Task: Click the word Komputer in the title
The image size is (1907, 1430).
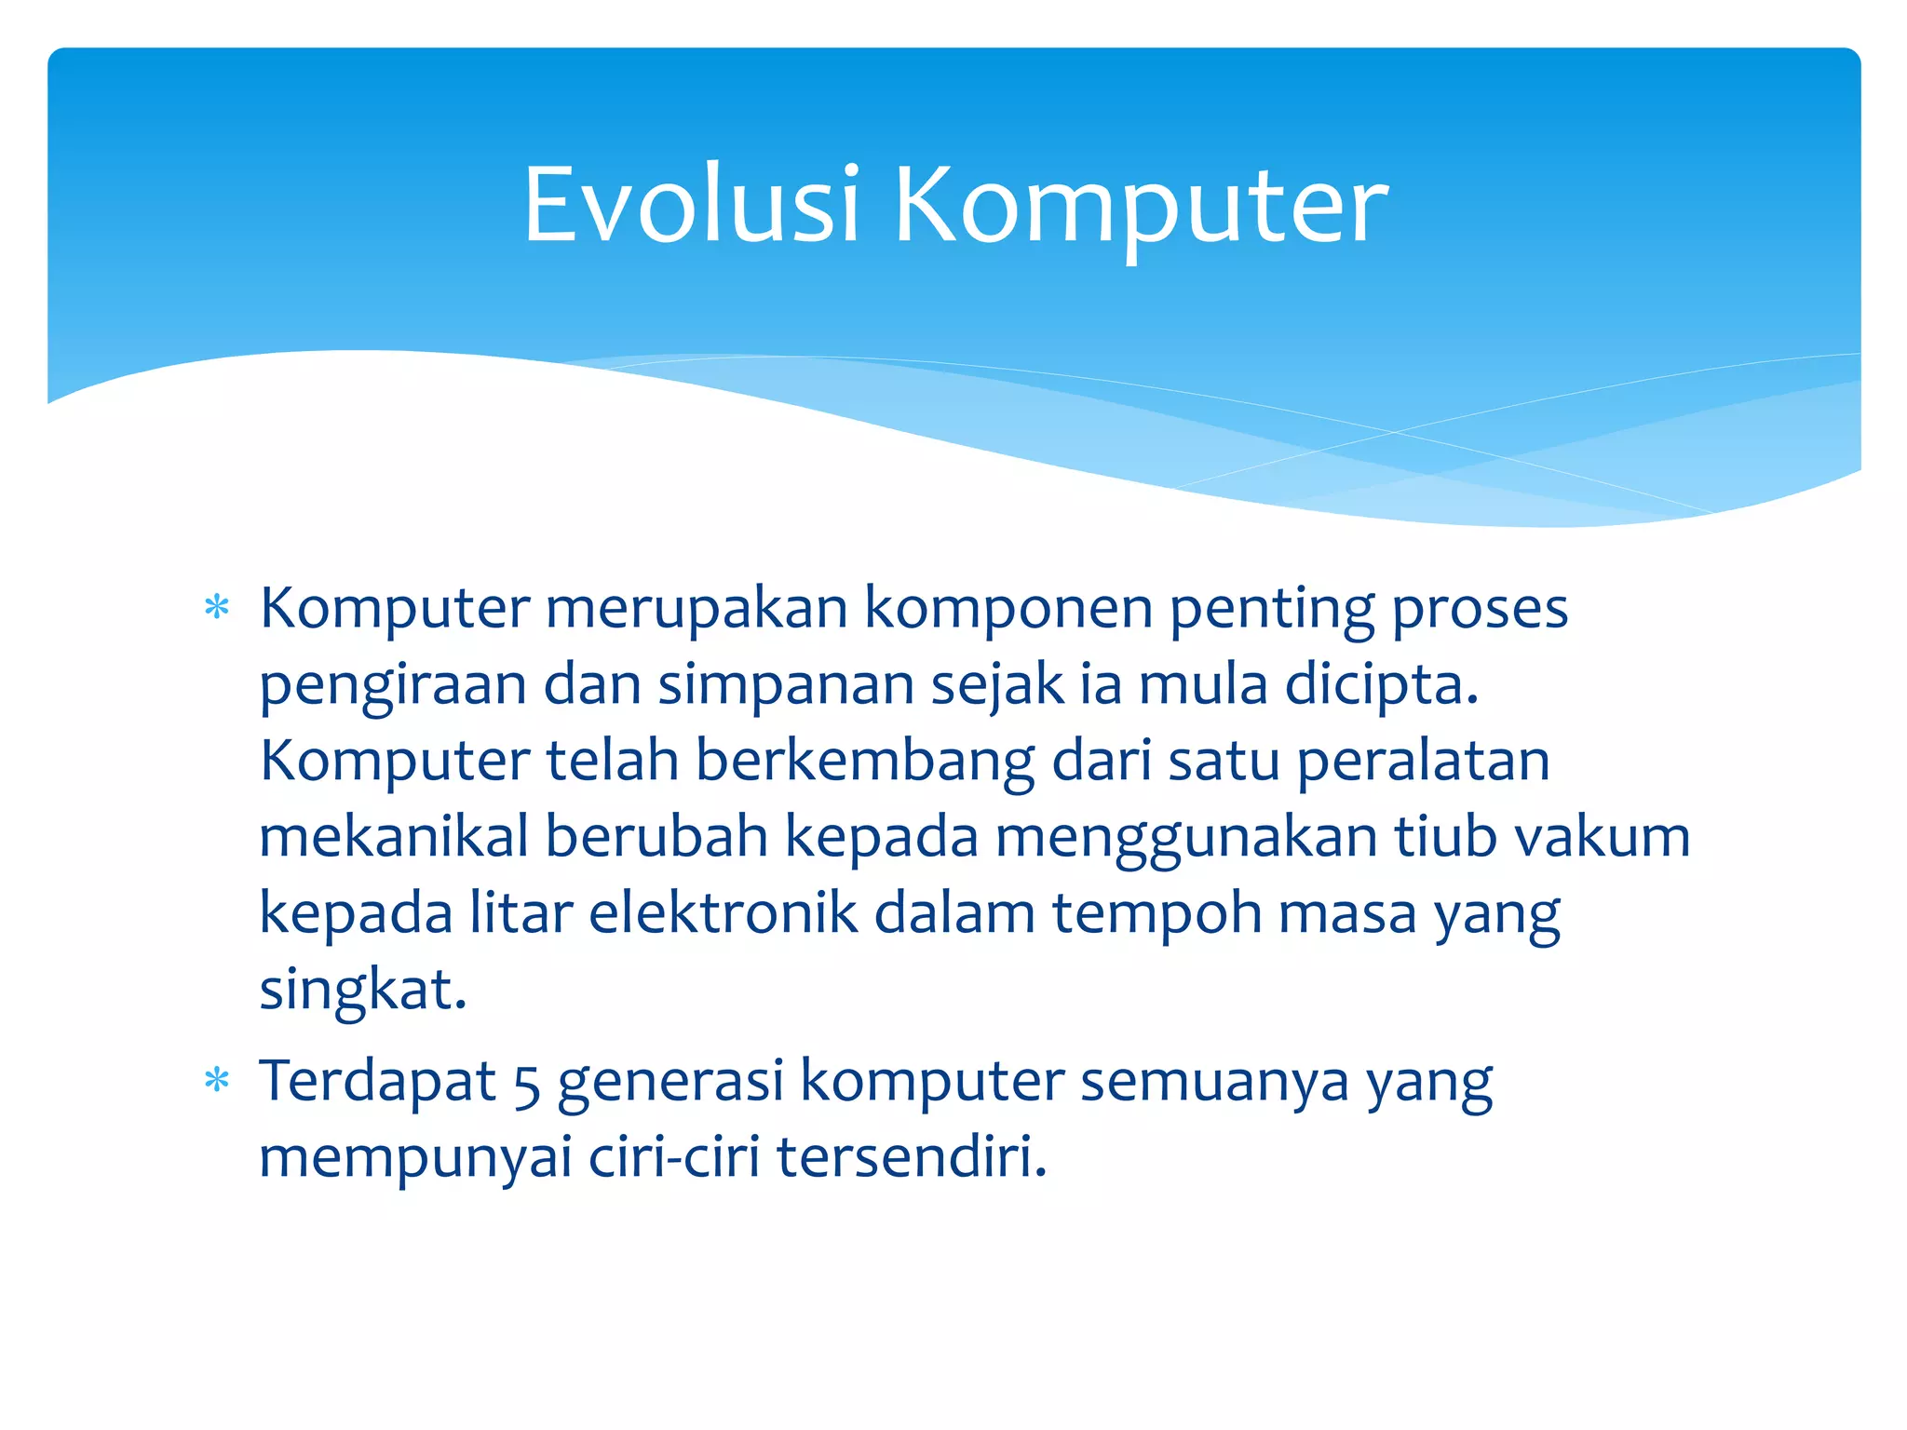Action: [1141, 207]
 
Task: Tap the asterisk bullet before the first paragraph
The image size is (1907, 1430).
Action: [217, 609]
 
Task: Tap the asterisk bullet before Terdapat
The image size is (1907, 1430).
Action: [217, 1081]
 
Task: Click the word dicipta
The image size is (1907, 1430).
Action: [1381, 685]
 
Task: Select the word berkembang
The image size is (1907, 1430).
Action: [864, 762]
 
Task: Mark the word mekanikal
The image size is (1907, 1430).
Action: [393, 836]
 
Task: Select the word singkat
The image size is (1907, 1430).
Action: [361, 991]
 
